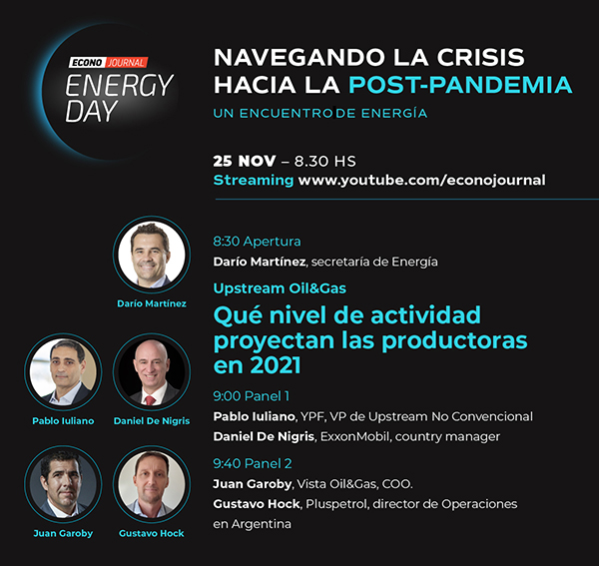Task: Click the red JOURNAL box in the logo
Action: point(126,62)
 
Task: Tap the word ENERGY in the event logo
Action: point(119,85)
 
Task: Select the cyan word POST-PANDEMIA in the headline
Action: point(460,85)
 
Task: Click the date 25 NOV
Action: point(245,161)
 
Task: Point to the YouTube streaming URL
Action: point(421,181)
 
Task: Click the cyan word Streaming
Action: point(254,180)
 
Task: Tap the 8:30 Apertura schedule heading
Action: point(257,242)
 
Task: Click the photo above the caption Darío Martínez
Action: point(152,255)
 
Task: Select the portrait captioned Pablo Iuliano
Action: point(63,371)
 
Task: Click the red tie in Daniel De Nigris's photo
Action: point(150,400)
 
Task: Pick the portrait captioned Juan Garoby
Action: point(63,484)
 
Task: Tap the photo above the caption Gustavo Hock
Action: point(152,484)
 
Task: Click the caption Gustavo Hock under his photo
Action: point(152,533)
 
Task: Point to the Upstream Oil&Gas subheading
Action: point(280,288)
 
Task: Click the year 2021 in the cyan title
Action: point(276,365)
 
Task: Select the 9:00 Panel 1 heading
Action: point(251,396)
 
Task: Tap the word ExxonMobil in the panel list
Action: point(354,436)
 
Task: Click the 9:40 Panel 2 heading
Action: point(253,463)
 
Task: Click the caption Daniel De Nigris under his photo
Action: point(152,421)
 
